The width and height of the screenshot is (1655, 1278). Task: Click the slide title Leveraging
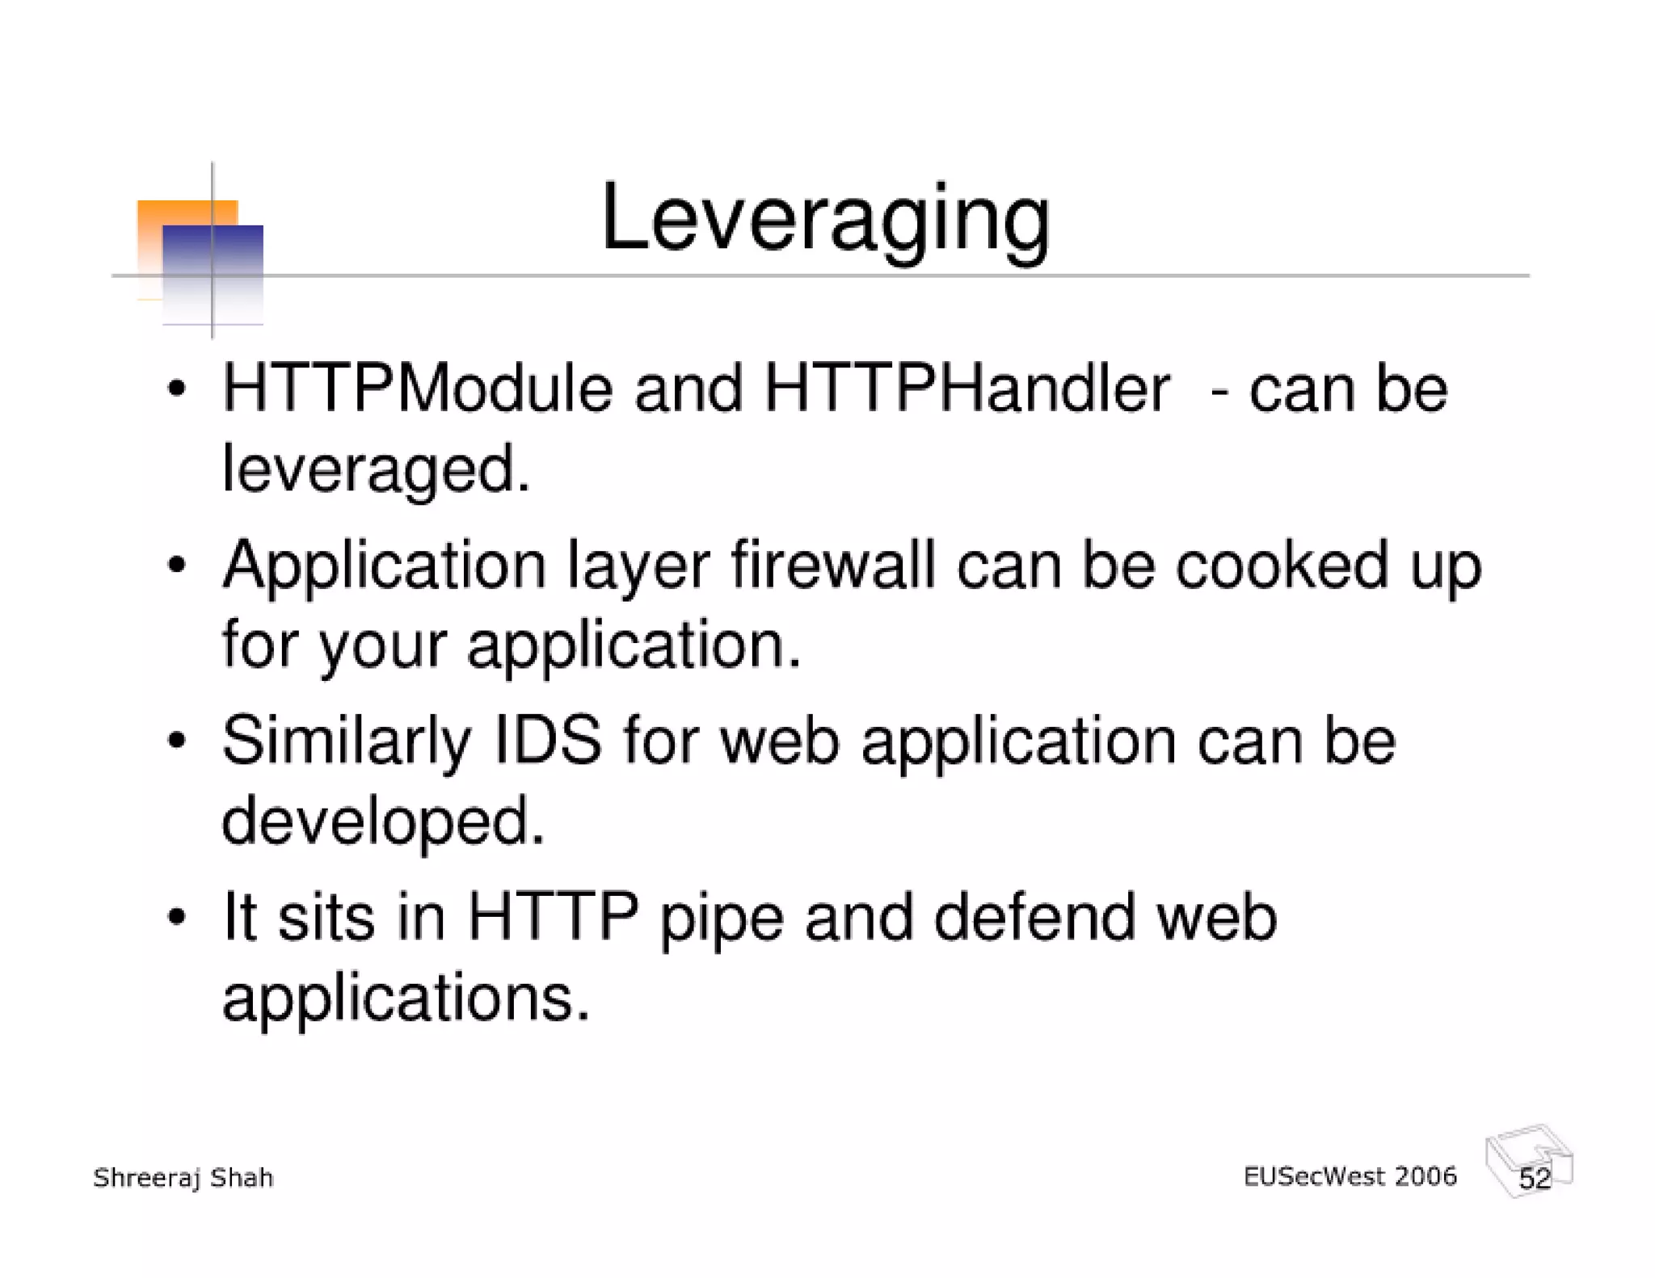[x=825, y=219]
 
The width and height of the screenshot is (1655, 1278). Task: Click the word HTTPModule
[x=417, y=389]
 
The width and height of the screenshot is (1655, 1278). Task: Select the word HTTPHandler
[x=966, y=389]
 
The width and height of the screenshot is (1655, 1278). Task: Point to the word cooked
[x=1282, y=565]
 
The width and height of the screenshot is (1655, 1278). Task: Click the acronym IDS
[x=548, y=740]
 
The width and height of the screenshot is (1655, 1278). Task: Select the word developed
[x=383, y=822]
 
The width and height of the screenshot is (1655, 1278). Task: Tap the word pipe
[x=722, y=919]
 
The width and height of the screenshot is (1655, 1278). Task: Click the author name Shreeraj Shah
[x=183, y=1179]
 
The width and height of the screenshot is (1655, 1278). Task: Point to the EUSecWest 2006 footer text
[x=1350, y=1176]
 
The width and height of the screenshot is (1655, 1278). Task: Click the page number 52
[x=1534, y=1179]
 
